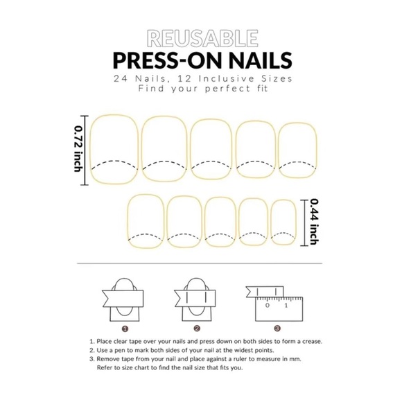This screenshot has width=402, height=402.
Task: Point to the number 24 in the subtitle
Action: (x=123, y=78)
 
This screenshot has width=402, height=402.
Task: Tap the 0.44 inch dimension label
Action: (x=313, y=221)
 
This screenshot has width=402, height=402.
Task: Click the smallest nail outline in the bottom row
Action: (x=282, y=222)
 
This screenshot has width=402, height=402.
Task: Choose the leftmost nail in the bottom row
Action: (x=145, y=221)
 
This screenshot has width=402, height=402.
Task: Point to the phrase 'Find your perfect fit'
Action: (x=201, y=89)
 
